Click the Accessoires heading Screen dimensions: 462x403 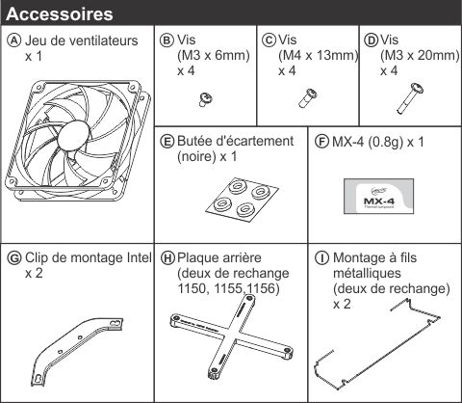pos(60,14)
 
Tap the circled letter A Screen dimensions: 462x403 pos(14,40)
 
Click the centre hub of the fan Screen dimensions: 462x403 pos(73,136)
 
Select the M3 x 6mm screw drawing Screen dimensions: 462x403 pos(206,99)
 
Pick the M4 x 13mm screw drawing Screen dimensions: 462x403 pos(308,97)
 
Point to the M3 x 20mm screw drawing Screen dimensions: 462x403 pos(410,98)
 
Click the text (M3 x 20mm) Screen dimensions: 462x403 pos(420,56)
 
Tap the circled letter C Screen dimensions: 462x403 pos(269,40)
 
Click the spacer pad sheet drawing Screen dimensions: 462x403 pos(242,200)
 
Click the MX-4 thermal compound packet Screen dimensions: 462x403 pos(378,197)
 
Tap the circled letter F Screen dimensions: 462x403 pos(321,142)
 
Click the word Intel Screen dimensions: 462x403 pos(139,257)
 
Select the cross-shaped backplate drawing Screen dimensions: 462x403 pos(231,337)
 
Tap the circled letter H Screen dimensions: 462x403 pos(167,258)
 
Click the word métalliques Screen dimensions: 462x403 pos(367,273)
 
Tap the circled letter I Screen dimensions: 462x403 pos(321,258)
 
